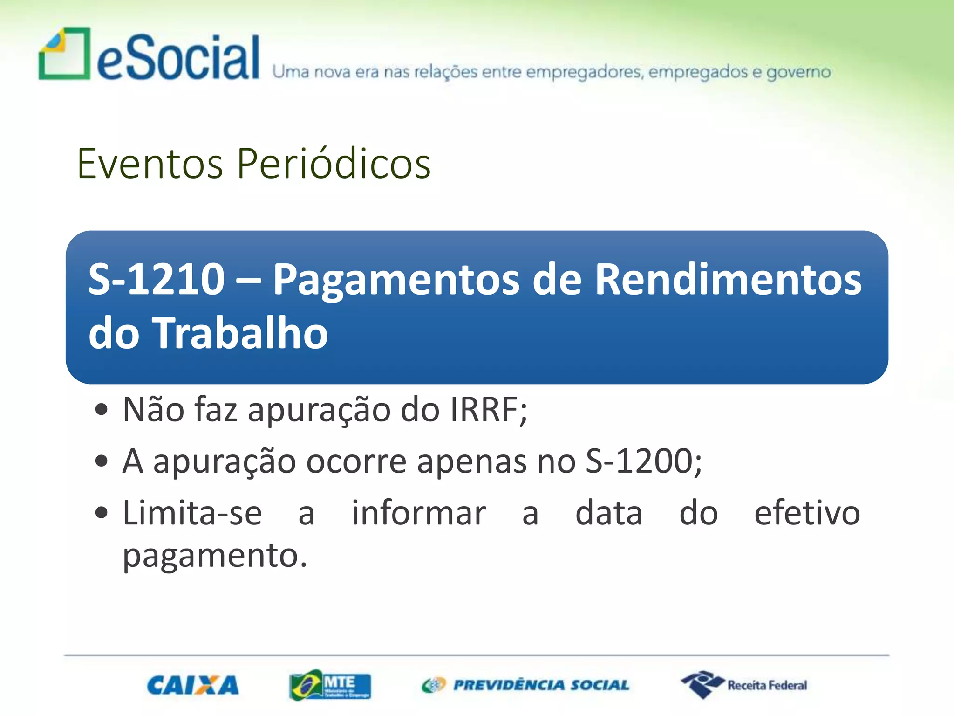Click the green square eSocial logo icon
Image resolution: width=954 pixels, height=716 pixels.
[x=64, y=54]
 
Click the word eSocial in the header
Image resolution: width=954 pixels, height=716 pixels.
[x=178, y=58]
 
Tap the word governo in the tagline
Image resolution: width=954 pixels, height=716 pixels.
[x=798, y=72]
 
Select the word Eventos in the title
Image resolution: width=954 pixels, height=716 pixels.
[x=150, y=164]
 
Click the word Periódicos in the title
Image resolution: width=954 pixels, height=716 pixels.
[x=334, y=164]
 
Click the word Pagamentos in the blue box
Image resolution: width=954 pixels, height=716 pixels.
[x=396, y=280]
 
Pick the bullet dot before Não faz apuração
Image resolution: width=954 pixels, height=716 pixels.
[x=101, y=410]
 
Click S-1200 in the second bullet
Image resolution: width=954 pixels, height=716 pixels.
[x=639, y=461]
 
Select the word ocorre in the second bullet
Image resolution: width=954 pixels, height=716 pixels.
[x=356, y=461]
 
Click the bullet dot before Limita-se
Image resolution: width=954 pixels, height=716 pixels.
[x=101, y=513]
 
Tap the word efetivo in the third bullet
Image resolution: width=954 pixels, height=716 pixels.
[x=807, y=513]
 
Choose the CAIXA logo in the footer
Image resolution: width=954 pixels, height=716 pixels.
[x=193, y=685]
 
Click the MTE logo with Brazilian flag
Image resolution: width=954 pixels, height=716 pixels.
[x=330, y=685]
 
